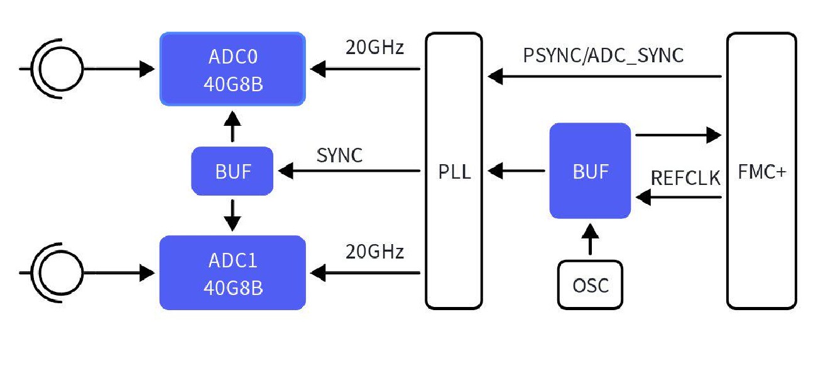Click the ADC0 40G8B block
coord(232,69)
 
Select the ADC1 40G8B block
coord(232,272)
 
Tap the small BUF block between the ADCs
coord(232,170)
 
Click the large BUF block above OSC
coord(590,170)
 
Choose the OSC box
coord(590,284)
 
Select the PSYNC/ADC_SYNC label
coord(603,55)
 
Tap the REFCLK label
coord(685,178)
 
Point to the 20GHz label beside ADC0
coord(374,48)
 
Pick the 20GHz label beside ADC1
coord(374,252)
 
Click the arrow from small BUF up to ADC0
coord(232,127)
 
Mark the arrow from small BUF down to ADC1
coord(232,215)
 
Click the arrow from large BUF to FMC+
coord(679,134)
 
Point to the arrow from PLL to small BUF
coord(349,170)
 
